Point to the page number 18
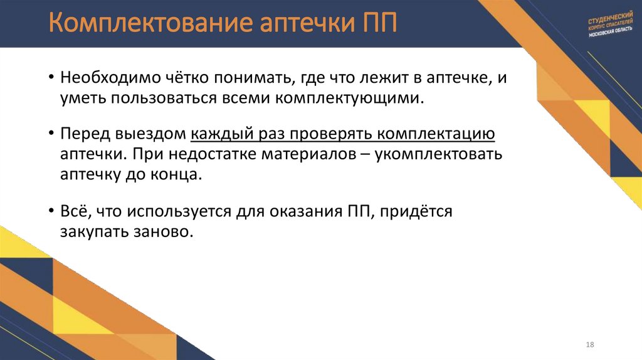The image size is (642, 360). tap(589, 346)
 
